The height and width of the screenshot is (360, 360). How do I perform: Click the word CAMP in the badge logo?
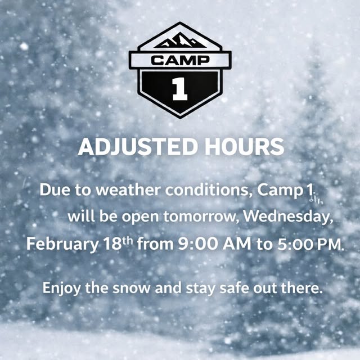click(179, 60)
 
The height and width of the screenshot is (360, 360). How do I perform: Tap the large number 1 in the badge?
click(179, 89)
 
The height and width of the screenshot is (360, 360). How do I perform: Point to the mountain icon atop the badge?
click(179, 40)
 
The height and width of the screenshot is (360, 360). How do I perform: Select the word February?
click(62, 245)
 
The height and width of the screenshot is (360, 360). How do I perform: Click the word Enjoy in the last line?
click(61, 289)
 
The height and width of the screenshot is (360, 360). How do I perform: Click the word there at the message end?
click(304, 289)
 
